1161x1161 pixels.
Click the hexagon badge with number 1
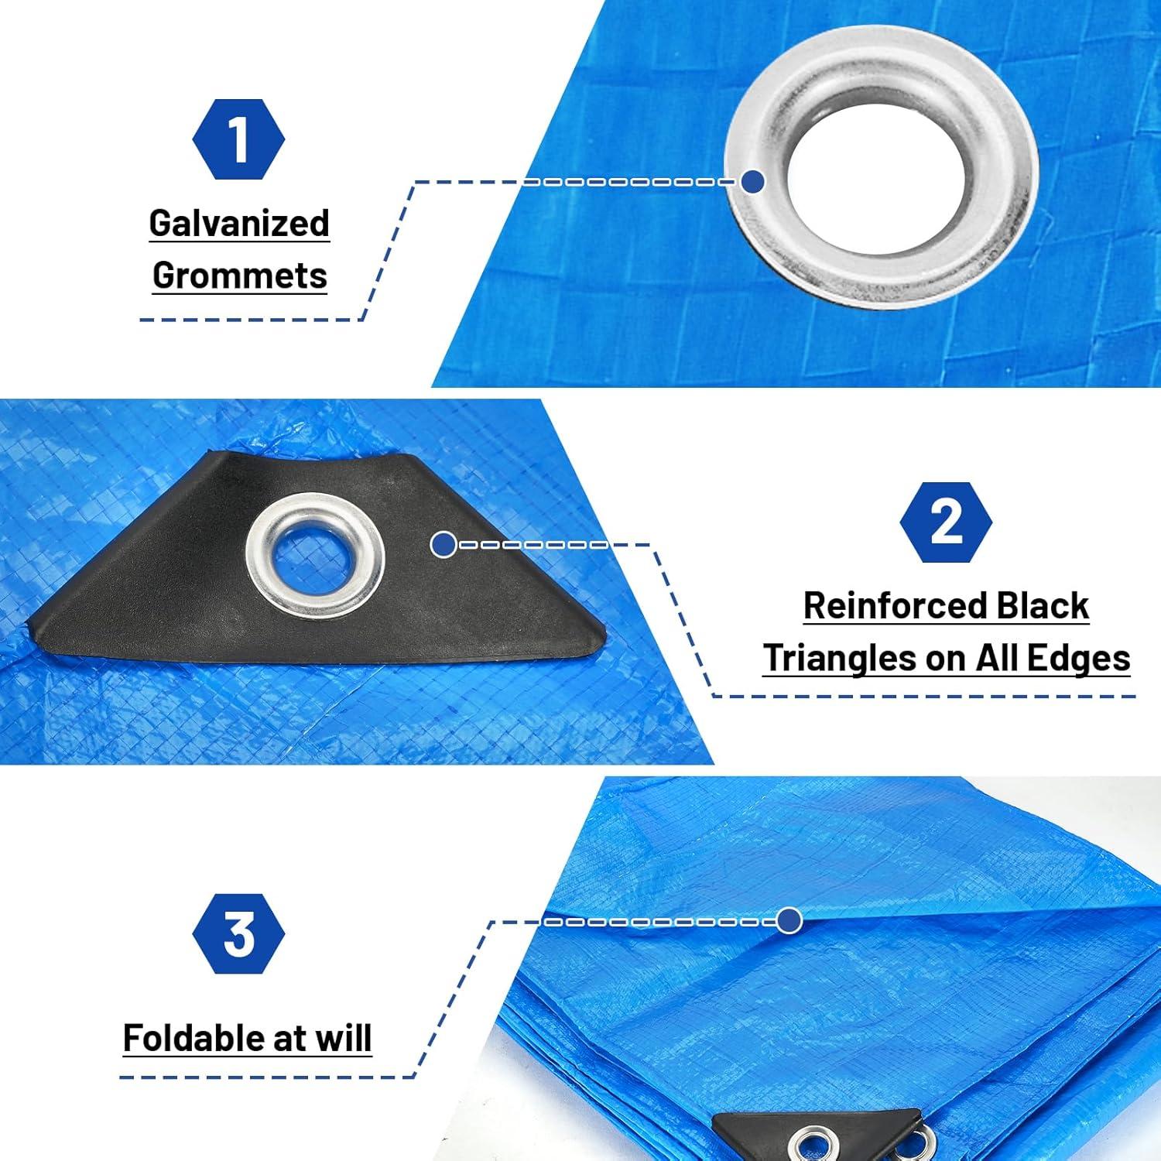(x=238, y=139)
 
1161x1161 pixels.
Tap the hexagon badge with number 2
(x=945, y=522)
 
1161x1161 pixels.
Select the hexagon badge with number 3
(x=238, y=933)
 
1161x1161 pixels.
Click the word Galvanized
(x=239, y=224)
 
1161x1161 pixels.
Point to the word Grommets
(x=239, y=276)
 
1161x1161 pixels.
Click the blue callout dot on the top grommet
(x=752, y=182)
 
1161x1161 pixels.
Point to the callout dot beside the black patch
(x=444, y=545)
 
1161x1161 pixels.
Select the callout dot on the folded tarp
(x=789, y=921)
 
